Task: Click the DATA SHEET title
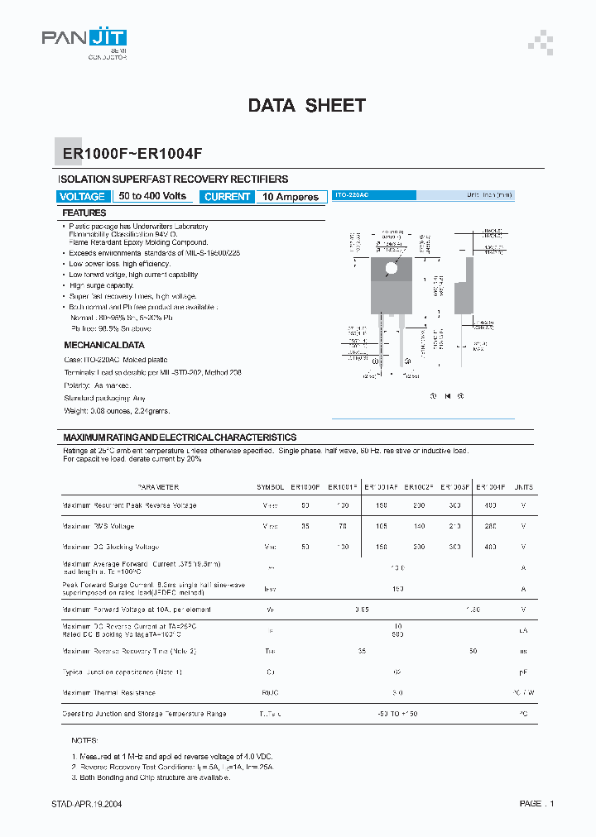coord(306,106)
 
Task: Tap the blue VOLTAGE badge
coord(83,197)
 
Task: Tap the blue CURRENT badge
coord(227,197)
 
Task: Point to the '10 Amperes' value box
coord(291,197)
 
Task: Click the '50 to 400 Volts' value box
coord(152,197)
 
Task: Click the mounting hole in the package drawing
coord(392,266)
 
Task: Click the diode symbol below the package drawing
coord(447,396)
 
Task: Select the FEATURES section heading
coord(84,213)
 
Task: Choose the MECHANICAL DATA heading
coord(104,345)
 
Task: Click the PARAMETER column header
coord(158,487)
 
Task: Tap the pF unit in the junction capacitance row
coord(523,672)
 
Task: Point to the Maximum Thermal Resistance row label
coord(109,692)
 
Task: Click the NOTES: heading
coord(84,741)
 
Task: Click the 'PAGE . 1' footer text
coord(536,803)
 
